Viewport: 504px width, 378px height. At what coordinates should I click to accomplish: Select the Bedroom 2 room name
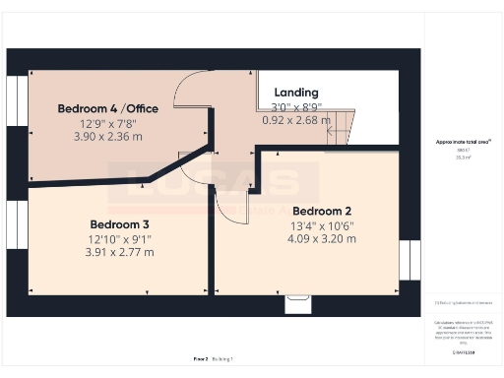[x=322, y=211]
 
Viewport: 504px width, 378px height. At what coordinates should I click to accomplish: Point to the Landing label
[x=296, y=93]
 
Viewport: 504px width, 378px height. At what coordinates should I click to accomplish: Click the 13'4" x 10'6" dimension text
[x=322, y=225]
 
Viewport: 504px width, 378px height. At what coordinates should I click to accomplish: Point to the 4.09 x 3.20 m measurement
[x=322, y=238]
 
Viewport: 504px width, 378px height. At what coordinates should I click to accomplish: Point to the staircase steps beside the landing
[x=340, y=126]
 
